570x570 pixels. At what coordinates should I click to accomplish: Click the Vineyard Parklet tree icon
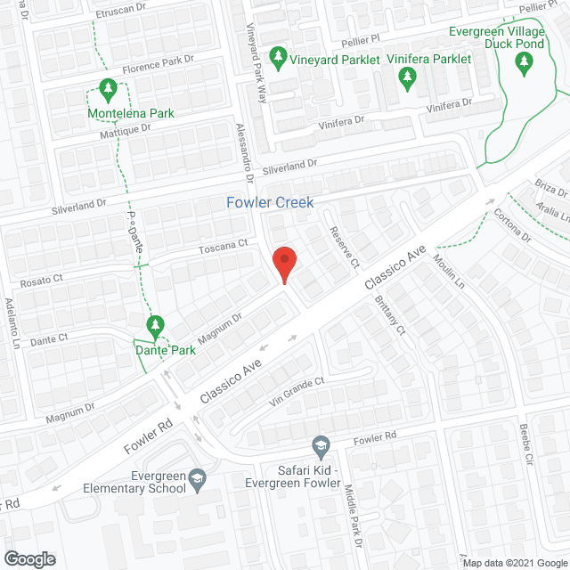click(278, 58)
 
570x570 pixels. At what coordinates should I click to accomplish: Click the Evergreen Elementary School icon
click(198, 483)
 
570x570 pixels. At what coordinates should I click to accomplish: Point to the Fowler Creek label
click(269, 202)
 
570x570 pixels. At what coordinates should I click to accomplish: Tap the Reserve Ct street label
click(343, 248)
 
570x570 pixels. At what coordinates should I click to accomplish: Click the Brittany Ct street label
click(389, 316)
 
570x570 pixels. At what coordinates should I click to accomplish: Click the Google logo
click(28, 558)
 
